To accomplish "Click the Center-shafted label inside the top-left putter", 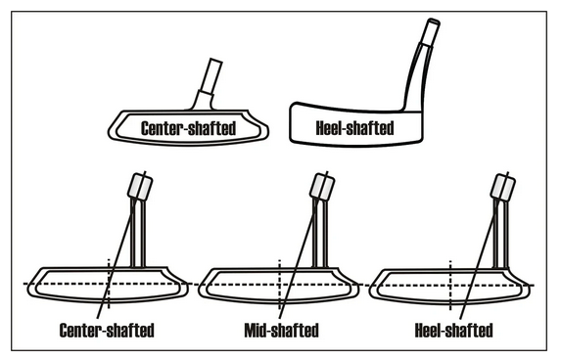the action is click(189, 128).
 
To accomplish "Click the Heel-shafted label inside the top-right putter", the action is click(354, 128).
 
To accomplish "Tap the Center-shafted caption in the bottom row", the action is click(107, 331).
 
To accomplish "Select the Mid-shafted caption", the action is click(281, 331).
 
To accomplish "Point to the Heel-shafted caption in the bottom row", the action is click(453, 331).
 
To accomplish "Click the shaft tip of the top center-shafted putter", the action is click(216, 61).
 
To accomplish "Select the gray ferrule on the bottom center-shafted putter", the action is click(141, 186).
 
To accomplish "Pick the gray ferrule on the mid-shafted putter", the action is click(322, 186).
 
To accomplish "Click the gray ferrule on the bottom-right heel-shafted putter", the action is click(503, 186).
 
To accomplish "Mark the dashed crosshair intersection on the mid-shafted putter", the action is click(280, 285).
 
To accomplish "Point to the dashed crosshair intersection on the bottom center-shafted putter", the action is click(109, 284).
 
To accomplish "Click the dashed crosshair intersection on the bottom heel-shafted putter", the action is click(450, 286).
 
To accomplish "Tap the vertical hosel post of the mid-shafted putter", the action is click(320, 233).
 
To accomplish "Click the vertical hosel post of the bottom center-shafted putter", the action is click(138, 233).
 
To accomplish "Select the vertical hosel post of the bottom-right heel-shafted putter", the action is click(500, 234).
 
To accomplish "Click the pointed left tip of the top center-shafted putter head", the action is click(109, 132).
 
